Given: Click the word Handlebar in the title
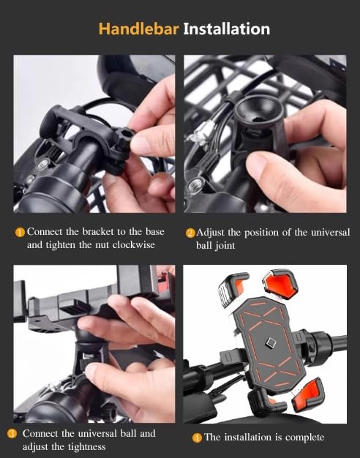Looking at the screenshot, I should (137, 29).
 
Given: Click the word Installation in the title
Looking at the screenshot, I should (226, 29).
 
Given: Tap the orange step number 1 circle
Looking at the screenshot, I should (20, 233).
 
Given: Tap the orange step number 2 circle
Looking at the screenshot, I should (190, 233).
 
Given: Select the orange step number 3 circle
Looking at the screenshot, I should (12, 434).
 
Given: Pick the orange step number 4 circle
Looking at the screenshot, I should (197, 438).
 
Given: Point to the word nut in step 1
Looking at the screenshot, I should (97, 245).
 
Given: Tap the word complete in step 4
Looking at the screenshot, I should (302, 438).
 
